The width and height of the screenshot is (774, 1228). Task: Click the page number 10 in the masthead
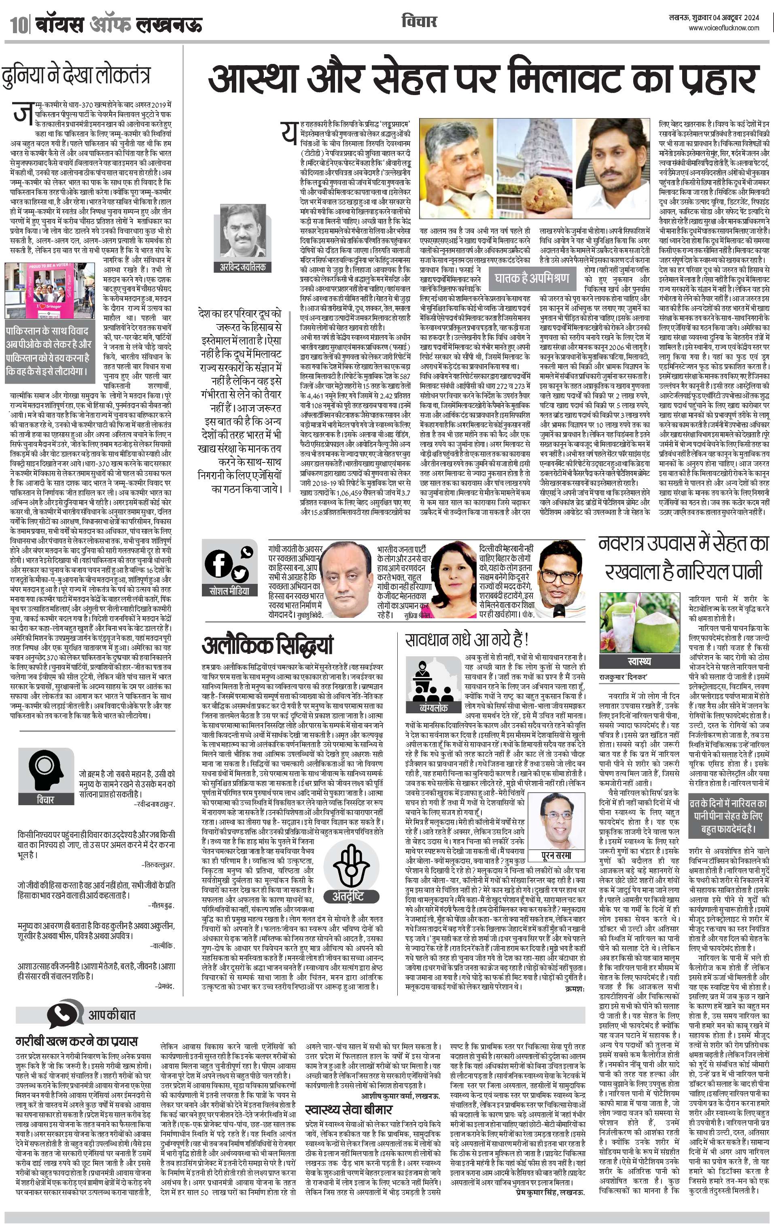17,24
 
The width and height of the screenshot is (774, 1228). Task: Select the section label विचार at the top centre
419,21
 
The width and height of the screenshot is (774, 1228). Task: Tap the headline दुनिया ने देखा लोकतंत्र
76,75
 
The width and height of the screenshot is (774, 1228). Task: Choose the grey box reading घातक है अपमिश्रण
532,278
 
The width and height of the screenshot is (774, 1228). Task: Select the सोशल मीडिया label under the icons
229,591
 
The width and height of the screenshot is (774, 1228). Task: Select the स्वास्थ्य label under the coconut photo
639,662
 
